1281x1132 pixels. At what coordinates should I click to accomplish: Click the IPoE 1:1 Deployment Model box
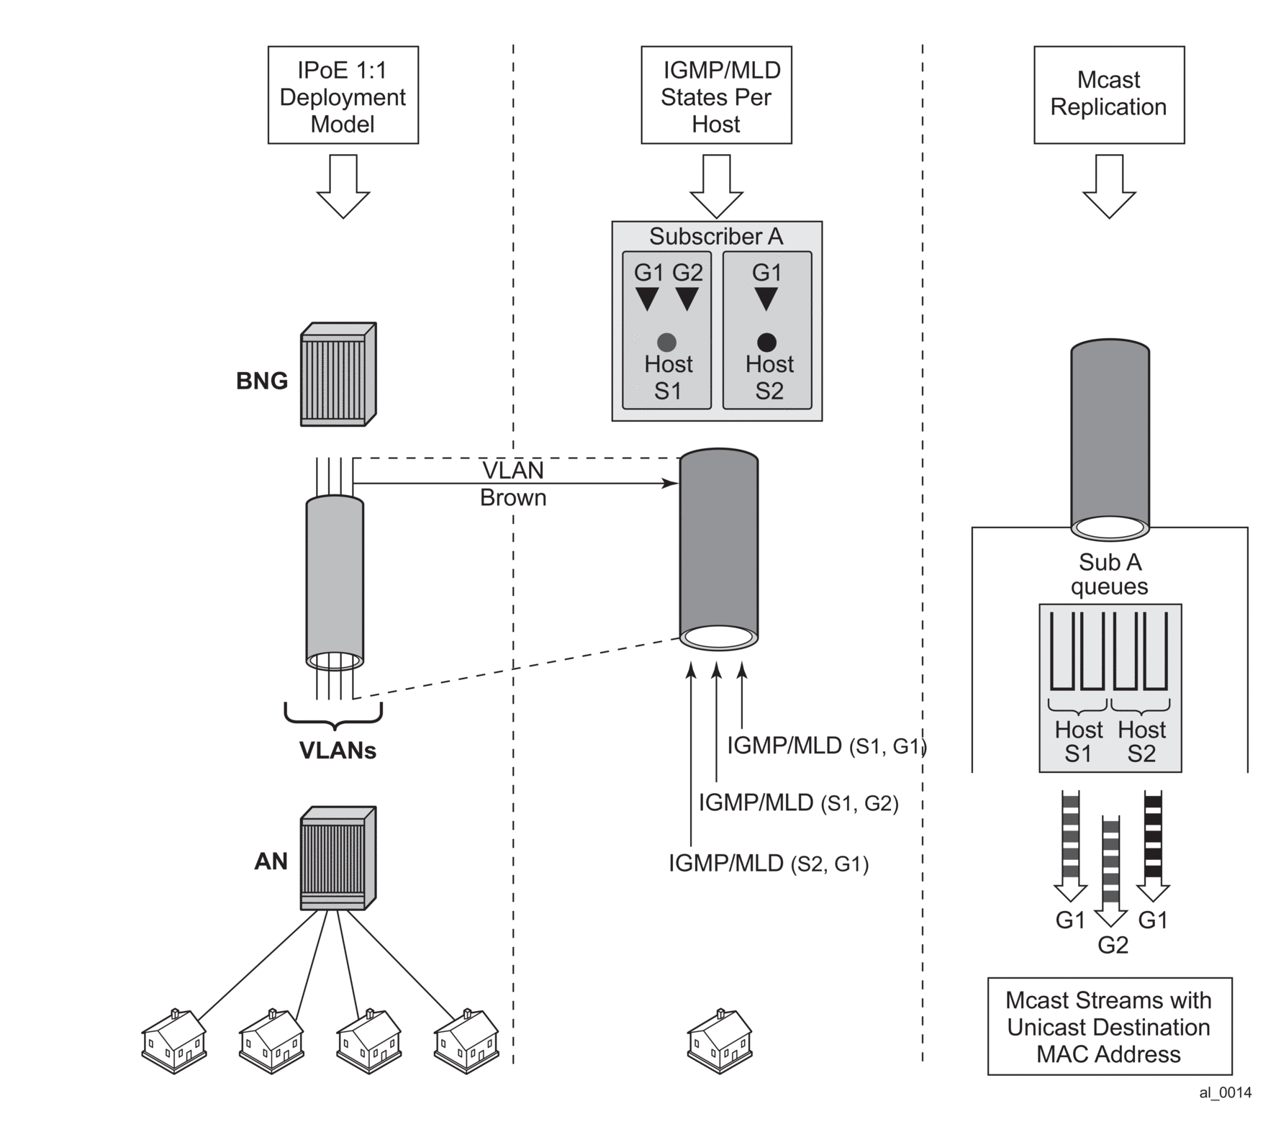[343, 96]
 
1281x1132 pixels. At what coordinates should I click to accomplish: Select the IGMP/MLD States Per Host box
[716, 96]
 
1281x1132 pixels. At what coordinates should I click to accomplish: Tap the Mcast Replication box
[1108, 94]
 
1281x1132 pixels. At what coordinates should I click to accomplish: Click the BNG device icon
[338, 374]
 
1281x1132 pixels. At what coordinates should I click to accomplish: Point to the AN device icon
[338, 858]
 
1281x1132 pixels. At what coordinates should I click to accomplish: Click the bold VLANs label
[338, 751]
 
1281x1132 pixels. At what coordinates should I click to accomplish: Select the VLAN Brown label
[513, 484]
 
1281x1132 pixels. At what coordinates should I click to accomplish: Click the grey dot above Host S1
[666, 343]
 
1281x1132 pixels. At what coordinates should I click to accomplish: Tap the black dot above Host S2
[766, 343]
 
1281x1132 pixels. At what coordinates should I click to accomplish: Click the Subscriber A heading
[716, 236]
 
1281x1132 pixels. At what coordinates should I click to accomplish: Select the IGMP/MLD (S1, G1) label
[826, 746]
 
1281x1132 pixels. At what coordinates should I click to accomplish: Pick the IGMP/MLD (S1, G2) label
[798, 802]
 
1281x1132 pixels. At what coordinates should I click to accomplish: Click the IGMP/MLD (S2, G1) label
[768, 863]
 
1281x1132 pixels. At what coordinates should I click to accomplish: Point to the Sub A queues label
[1109, 574]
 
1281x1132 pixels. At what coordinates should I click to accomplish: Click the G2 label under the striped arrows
[1113, 945]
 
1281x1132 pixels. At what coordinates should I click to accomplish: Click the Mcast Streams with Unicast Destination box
[1109, 1026]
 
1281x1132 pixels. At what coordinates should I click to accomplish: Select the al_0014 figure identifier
[1225, 1092]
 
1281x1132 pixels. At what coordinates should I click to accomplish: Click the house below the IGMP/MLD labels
[720, 1041]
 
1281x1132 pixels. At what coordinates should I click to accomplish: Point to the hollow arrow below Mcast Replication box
[1109, 186]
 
